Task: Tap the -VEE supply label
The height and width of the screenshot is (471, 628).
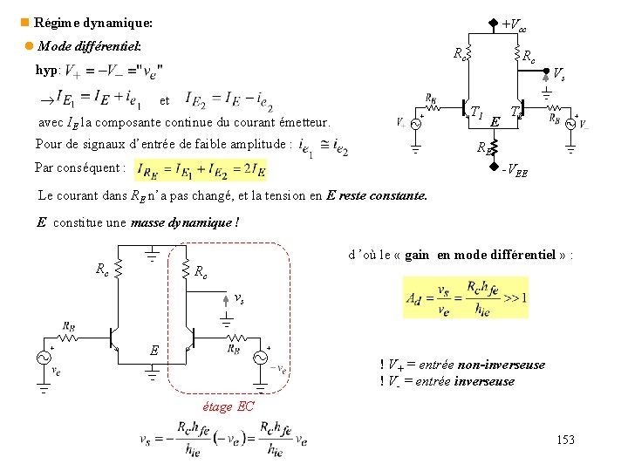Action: tap(514, 171)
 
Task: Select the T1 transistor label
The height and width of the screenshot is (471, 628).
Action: tap(476, 113)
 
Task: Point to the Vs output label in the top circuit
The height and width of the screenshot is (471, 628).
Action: tap(559, 77)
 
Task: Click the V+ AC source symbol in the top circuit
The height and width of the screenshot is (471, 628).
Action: tap(415, 124)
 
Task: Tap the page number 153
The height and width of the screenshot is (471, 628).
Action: tap(565, 440)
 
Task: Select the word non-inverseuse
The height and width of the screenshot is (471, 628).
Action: tap(502, 365)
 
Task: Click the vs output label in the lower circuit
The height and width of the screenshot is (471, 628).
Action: tap(239, 298)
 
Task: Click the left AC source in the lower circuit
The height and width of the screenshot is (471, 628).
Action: tap(43, 357)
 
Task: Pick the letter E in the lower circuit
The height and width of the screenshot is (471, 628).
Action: tap(154, 351)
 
